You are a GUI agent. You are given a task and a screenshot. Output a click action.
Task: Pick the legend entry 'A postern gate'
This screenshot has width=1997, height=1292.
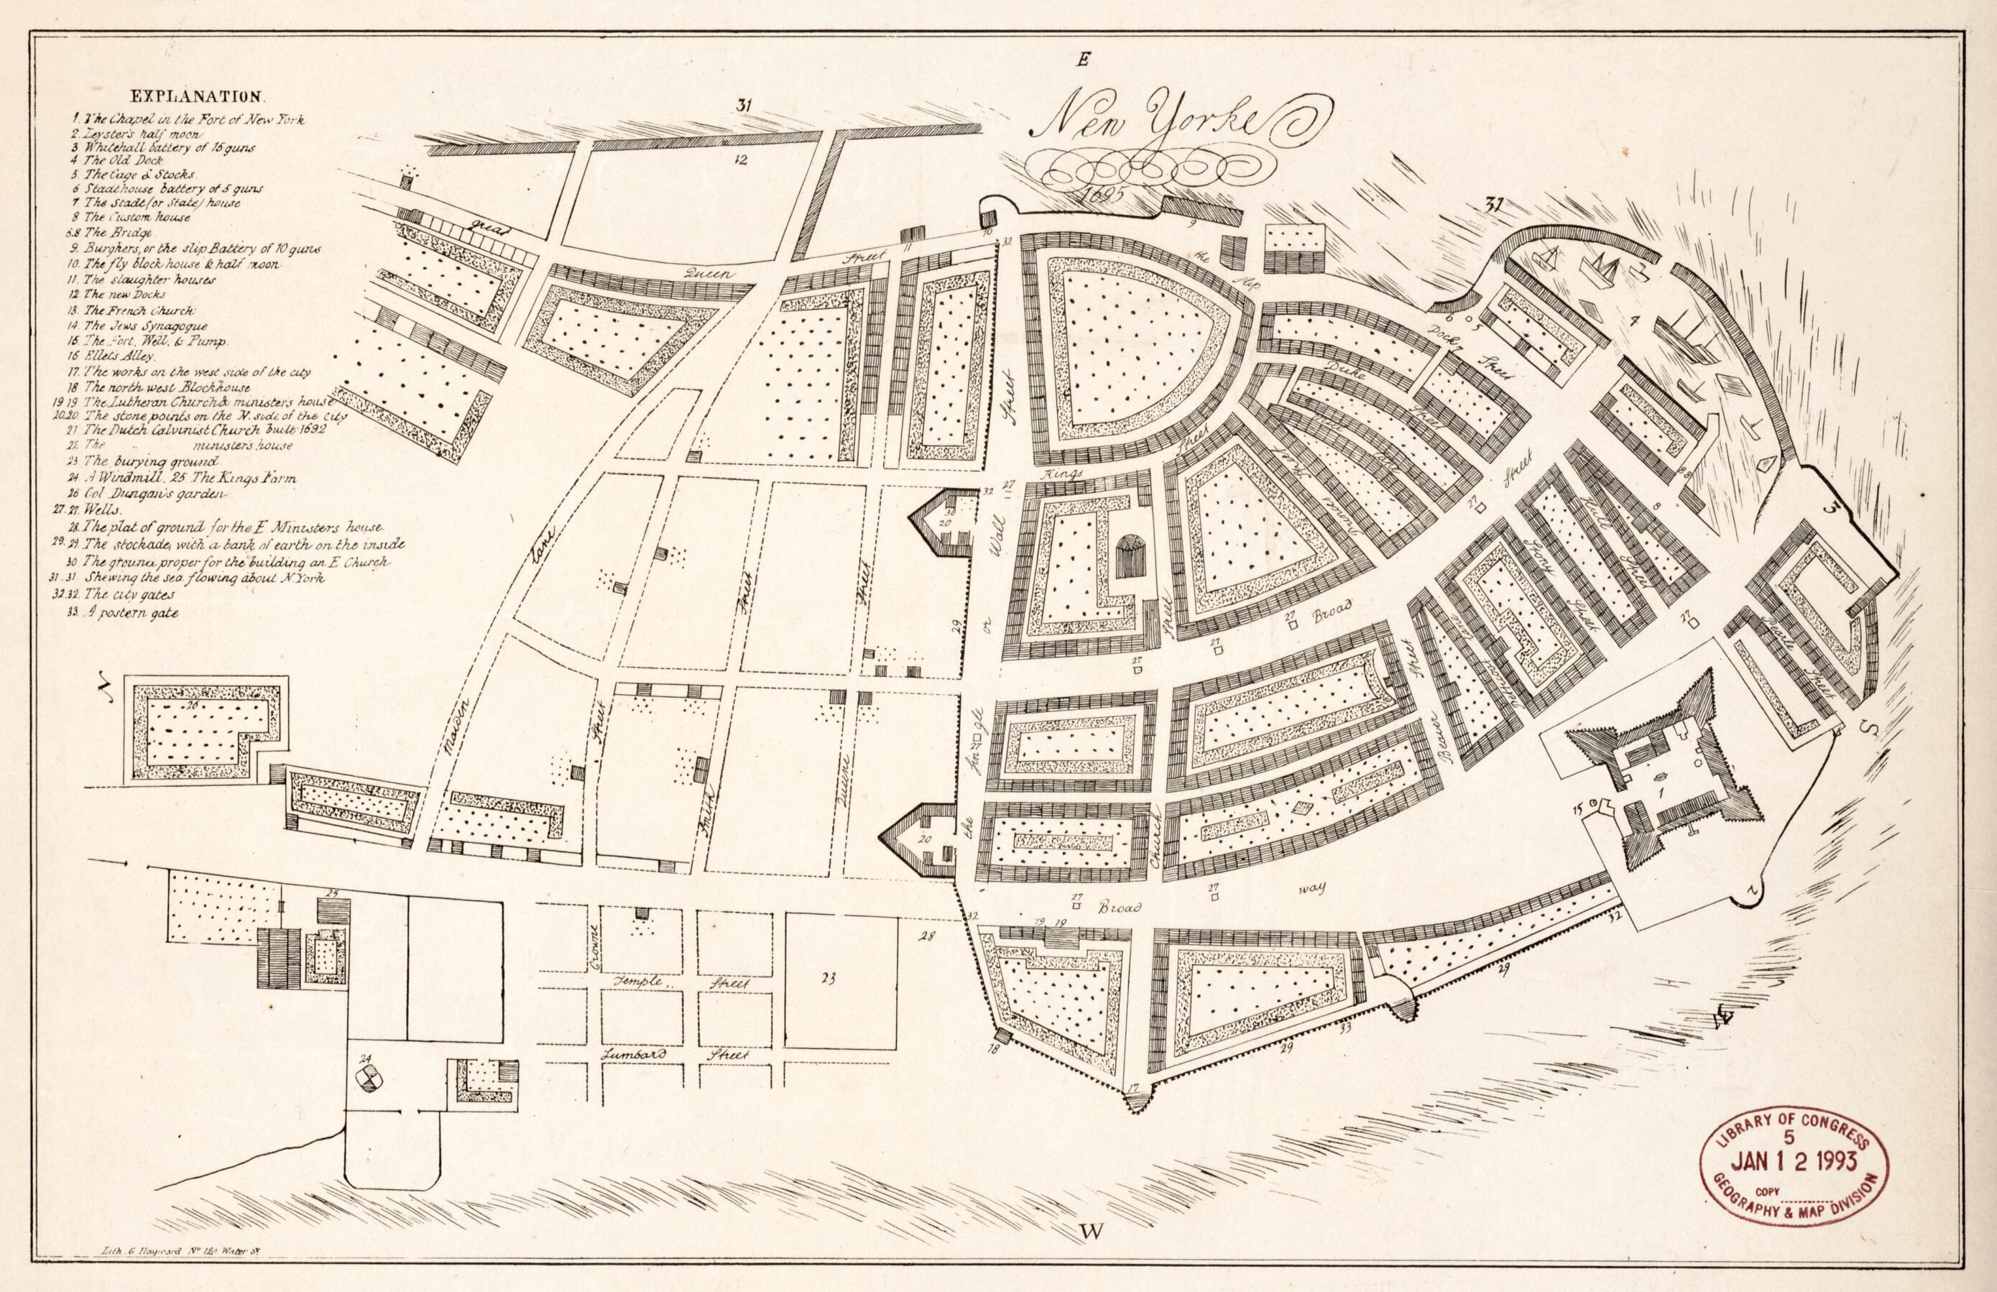(x=130, y=612)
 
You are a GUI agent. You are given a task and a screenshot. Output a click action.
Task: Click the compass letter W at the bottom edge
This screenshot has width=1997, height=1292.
(x=1090, y=1254)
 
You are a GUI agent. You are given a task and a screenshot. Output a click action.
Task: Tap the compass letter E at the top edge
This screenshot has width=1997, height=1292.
(x=1084, y=59)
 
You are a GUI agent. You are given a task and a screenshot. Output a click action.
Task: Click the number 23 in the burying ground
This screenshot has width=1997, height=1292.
(x=829, y=977)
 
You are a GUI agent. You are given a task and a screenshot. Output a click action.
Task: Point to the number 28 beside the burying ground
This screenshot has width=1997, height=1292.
(x=926, y=935)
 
